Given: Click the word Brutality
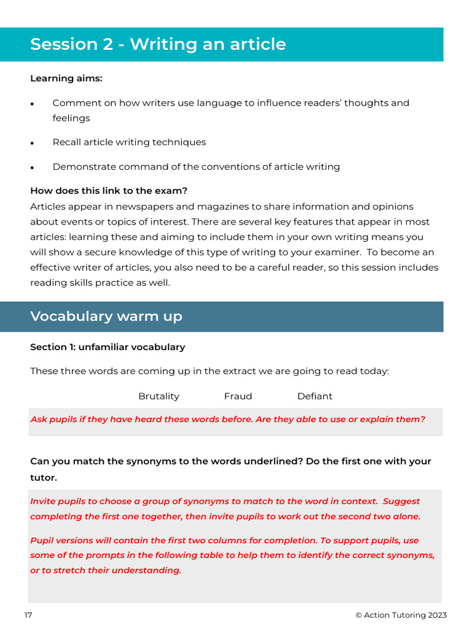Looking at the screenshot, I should pyautogui.click(x=159, y=396).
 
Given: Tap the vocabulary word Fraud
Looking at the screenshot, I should pyautogui.click(x=238, y=396).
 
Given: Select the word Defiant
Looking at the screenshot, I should pyautogui.click(x=314, y=396).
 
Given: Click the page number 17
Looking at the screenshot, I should pyautogui.click(x=28, y=615).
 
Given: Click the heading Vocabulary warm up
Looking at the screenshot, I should pyautogui.click(x=106, y=316).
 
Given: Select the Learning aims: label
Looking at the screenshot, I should pyautogui.click(x=66, y=79).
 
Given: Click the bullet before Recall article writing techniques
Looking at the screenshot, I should pyautogui.click(x=32, y=143).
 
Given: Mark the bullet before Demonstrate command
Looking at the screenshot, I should pyautogui.click(x=32, y=167).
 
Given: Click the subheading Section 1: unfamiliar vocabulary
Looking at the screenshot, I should pyautogui.click(x=108, y=347).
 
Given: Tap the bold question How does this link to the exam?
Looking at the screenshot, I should pyautogui.click(x=109, y=191).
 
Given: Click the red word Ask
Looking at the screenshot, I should pyautogui.click(x=39, y=420).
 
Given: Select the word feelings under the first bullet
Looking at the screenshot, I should pyautogui.click(x=71, y=118).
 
